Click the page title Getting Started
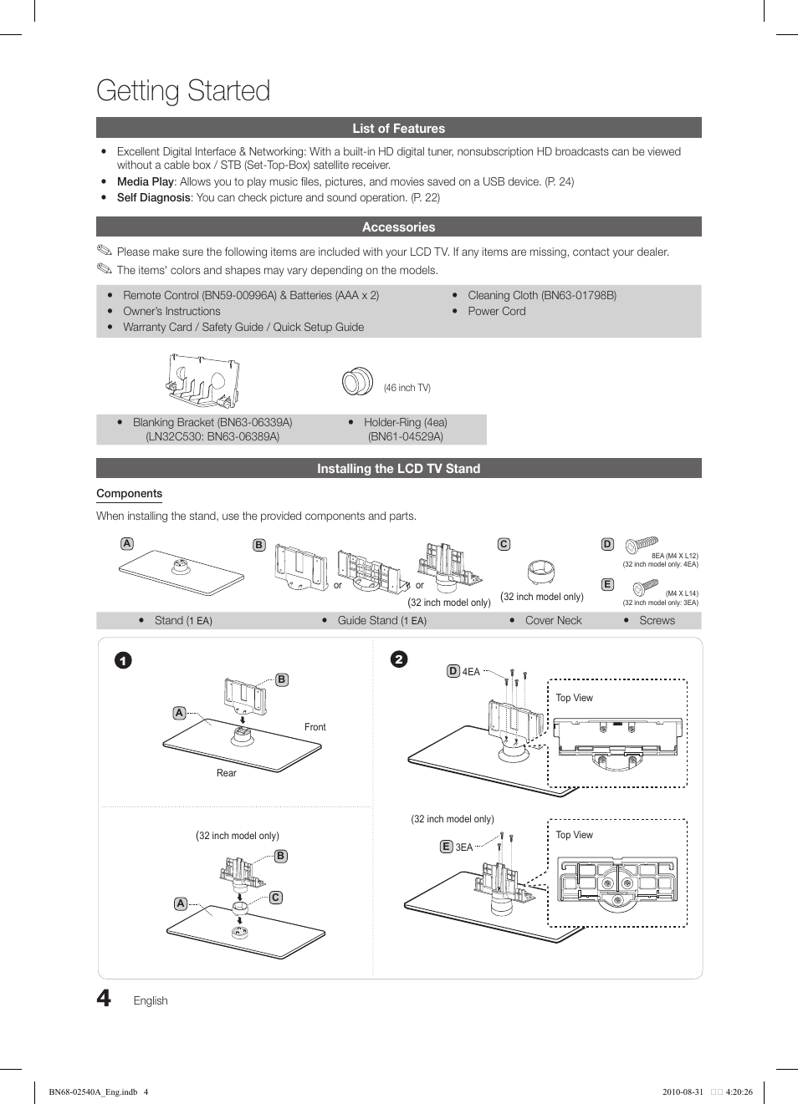coord(183,90)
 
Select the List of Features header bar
coord(398,128)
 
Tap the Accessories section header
coord(398,227)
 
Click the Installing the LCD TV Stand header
coord(398,469)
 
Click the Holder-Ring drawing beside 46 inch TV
coord(357,381)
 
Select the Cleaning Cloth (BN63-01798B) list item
coord(541,295)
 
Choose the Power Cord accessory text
coord(496,311)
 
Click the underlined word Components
coord(129,494)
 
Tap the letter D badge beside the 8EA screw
coord(608,544)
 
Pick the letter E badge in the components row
coord(608,585)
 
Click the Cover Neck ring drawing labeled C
coord(541,572)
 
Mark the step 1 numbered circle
coord(123,661)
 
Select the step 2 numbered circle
coord(399,659)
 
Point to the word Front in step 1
coord(315,727)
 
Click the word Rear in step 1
coord(226,773)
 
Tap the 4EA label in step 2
coord(471,671)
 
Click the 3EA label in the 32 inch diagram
coord(463,847)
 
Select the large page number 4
coord(104,998)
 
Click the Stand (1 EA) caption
coord(183,620)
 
